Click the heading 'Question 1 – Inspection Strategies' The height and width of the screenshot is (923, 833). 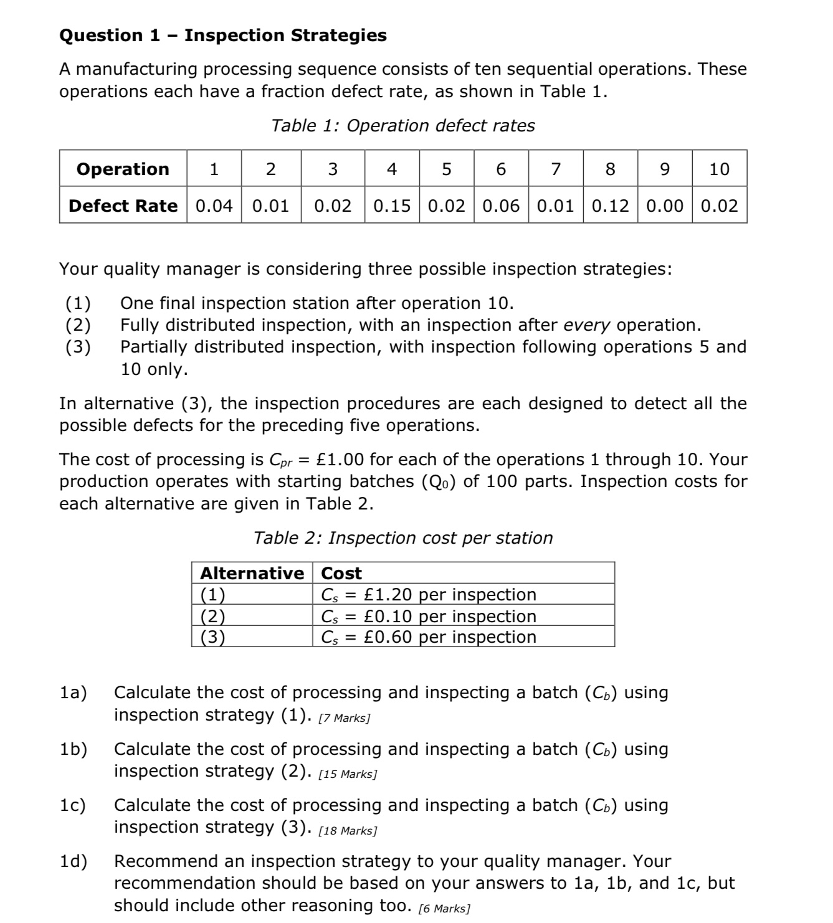(x=222, y=35)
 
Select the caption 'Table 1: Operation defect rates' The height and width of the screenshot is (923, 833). (x=402, y=126)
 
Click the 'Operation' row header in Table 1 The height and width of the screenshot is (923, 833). (x=123, y=169)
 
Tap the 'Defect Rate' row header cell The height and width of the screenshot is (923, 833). (x=123, y=206)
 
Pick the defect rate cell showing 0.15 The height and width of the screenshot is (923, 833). (x=392, y=206)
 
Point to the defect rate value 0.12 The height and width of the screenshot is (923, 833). (x=610, y=206)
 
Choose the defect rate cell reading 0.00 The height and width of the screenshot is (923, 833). (x=665, y=206)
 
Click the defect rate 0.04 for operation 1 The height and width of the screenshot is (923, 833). (x=214, y=206)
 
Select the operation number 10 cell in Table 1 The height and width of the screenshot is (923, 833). (x=719, y=169)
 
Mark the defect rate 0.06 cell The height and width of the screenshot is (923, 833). (x=501, y=206)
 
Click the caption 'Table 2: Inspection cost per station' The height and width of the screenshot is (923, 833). (x=402, y=538)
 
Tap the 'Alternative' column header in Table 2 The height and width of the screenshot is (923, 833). (x=252, y=573)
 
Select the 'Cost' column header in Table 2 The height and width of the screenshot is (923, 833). (x=341, y=573)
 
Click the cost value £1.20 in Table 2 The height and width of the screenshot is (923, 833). (x=388, y=595)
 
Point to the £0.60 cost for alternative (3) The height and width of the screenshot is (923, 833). (x=388, y=637)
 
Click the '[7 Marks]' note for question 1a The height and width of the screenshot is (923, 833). (x=344, y=718)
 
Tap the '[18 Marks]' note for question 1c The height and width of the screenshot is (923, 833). (x=347, y=831)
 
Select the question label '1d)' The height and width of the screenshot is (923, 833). (x=74, y=861)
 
